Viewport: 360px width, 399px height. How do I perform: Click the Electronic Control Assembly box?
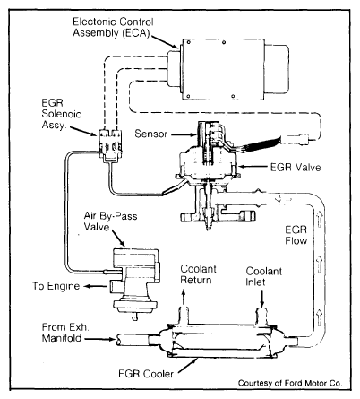(227, 69)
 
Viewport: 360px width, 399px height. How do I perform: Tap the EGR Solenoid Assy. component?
(109, 145)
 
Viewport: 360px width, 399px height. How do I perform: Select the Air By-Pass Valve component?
(135, 283)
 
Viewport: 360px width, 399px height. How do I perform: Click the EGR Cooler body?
(222, 341)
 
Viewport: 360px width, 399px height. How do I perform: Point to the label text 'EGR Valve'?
(296, 167)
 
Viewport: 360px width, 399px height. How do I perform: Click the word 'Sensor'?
(150, 134)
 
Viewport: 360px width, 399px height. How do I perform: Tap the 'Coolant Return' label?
(198, 274)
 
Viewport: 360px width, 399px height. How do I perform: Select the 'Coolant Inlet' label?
(263, 276)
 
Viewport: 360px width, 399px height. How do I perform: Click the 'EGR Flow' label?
(296, 235)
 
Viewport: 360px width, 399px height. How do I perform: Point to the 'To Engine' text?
(56, 286)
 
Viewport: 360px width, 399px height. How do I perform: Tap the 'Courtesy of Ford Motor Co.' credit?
(290, 383)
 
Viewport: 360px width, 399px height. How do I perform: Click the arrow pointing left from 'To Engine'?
(95, 286)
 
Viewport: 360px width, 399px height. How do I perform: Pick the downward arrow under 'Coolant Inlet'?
(262, 299)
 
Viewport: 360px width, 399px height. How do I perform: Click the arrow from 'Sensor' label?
(184, 134)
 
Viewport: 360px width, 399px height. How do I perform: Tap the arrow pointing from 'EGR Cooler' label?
(188, 366)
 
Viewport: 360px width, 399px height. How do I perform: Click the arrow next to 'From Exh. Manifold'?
(100, 339)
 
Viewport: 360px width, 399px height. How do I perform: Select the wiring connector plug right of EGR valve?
(297, 139)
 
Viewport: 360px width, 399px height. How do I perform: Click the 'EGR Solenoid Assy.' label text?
(62, 114)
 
